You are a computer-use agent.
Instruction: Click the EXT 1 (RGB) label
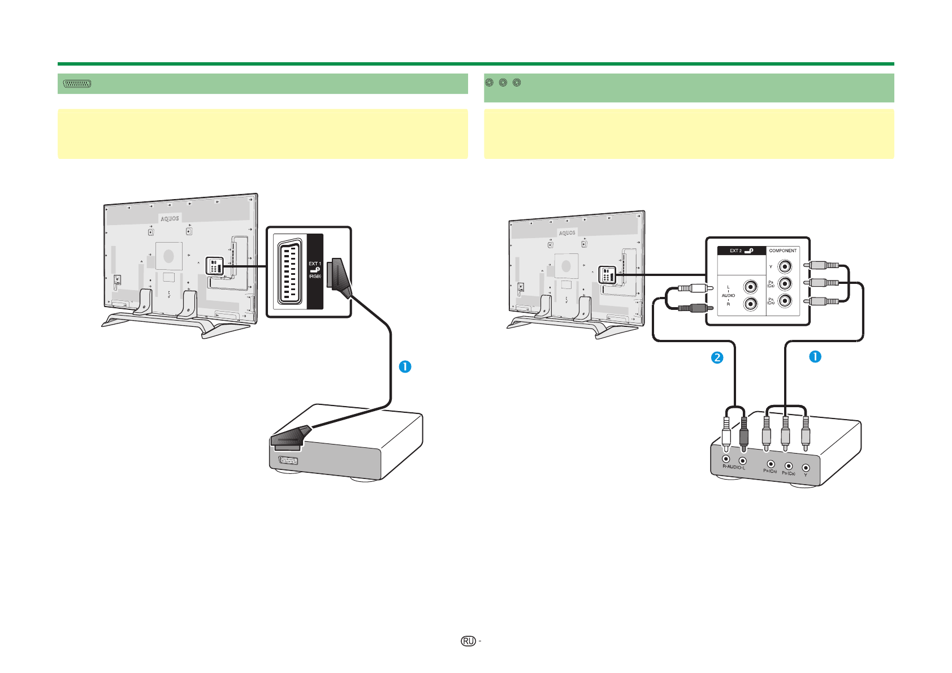pos(315,270)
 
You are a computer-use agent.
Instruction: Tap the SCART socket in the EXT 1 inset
pos(290,271)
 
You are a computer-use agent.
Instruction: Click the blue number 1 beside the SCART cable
pos(405,366)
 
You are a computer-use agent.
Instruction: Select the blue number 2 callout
pos(717,357)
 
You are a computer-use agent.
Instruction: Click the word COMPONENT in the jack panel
pos(782,251)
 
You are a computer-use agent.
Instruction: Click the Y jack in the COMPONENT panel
pos(785,266)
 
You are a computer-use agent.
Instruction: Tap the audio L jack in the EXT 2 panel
pos(750,287)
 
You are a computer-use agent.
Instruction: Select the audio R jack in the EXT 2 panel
pos(750,304)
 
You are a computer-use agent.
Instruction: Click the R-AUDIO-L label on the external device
pos(734,468)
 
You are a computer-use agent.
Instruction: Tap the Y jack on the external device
pos(806,468)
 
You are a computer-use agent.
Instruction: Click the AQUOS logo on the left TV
pos(170,218)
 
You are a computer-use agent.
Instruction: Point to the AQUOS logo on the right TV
pos(567,233)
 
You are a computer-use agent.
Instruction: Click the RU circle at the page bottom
pos(468,641)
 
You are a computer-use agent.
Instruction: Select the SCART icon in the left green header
pos(77,84)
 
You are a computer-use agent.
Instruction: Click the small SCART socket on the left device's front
pos(288,460)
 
